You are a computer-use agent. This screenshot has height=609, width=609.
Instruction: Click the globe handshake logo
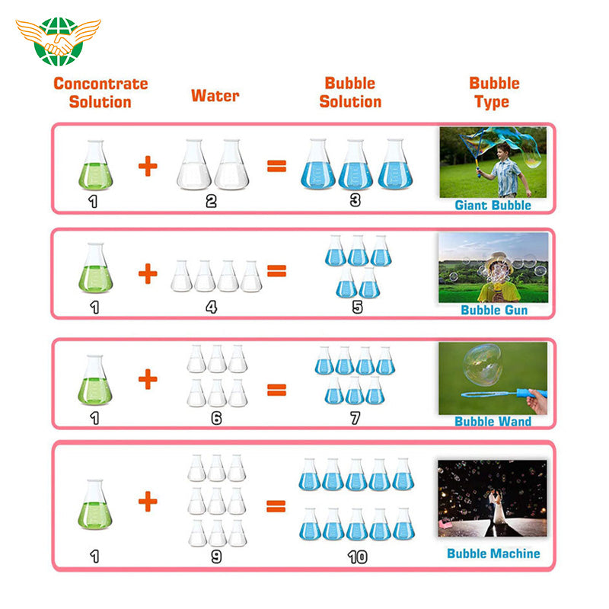59,41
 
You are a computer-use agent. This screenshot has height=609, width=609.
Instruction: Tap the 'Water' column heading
215,96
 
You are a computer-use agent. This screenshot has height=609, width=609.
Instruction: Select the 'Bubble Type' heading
494,92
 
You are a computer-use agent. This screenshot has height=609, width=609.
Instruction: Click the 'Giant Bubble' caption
493,205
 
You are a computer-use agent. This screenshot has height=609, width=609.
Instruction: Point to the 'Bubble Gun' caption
494,310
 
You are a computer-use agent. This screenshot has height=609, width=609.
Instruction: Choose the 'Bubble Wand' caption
493,422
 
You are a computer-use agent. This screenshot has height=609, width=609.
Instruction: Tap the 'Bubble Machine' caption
493,553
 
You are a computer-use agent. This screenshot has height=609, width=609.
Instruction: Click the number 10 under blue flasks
357,557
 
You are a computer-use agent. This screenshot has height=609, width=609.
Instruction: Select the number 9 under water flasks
216,556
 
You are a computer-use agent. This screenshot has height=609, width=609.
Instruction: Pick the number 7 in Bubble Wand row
355,418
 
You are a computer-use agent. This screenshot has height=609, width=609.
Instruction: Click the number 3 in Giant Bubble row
355,200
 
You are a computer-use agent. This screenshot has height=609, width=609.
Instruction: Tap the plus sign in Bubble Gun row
148,273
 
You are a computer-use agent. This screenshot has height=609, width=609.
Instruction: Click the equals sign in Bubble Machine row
276,506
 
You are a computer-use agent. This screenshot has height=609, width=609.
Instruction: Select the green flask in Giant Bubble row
96,165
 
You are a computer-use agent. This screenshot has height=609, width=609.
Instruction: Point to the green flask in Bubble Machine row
94,505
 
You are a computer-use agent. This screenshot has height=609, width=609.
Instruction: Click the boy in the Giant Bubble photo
505,170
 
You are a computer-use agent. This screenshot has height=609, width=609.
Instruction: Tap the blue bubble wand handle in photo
531,394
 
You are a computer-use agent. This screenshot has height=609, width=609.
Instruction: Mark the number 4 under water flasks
212,308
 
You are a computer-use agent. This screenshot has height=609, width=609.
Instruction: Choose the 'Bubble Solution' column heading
350,92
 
